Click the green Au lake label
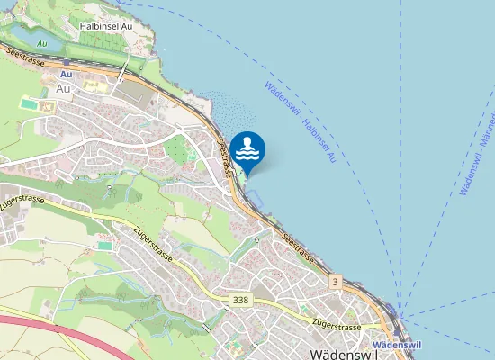pos(41,42)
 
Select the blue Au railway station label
pos(66,75)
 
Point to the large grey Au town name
pos(64,89)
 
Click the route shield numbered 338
pos(240,300)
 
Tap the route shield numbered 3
pos(336,283)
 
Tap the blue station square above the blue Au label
pos(66,65)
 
